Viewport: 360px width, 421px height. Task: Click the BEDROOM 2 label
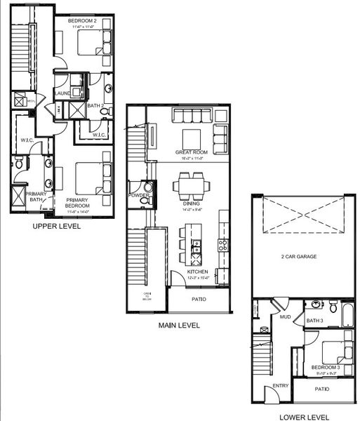click(x=81, y=21)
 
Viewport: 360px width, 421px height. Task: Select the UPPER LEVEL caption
click(x=57, y=227)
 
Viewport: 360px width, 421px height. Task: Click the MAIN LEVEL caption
click(x=178, y=325)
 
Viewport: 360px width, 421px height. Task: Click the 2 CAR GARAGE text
click(x=299, y=257)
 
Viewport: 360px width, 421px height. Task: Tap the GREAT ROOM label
click(x=192, y=152)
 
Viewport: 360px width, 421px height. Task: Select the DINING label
click(x=192, y=203)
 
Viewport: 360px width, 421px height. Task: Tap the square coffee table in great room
click(x=192, y=135)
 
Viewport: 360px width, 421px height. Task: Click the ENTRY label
click(x=281, y=385)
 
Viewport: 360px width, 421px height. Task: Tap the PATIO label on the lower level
click(x=322, y=389)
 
